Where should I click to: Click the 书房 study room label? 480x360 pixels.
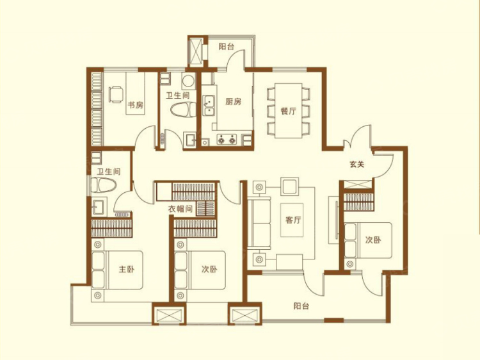point(134,105)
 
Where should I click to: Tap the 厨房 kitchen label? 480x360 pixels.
point(233,101)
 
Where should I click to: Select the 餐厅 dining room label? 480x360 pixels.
point(288,110)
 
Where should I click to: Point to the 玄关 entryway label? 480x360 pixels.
point(357,164)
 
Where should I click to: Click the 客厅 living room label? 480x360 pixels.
point(294,220)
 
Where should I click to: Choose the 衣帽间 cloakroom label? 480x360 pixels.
point(180,209)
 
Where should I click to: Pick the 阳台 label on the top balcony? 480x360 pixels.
point(225,46)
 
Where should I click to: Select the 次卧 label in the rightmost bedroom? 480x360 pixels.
point(373,240)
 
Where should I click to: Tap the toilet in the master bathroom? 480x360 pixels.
point(103,186)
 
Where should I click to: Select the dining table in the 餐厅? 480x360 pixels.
point(288,110)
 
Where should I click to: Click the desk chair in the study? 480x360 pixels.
point(115,95)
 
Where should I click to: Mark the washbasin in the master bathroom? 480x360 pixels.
point(99,207)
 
